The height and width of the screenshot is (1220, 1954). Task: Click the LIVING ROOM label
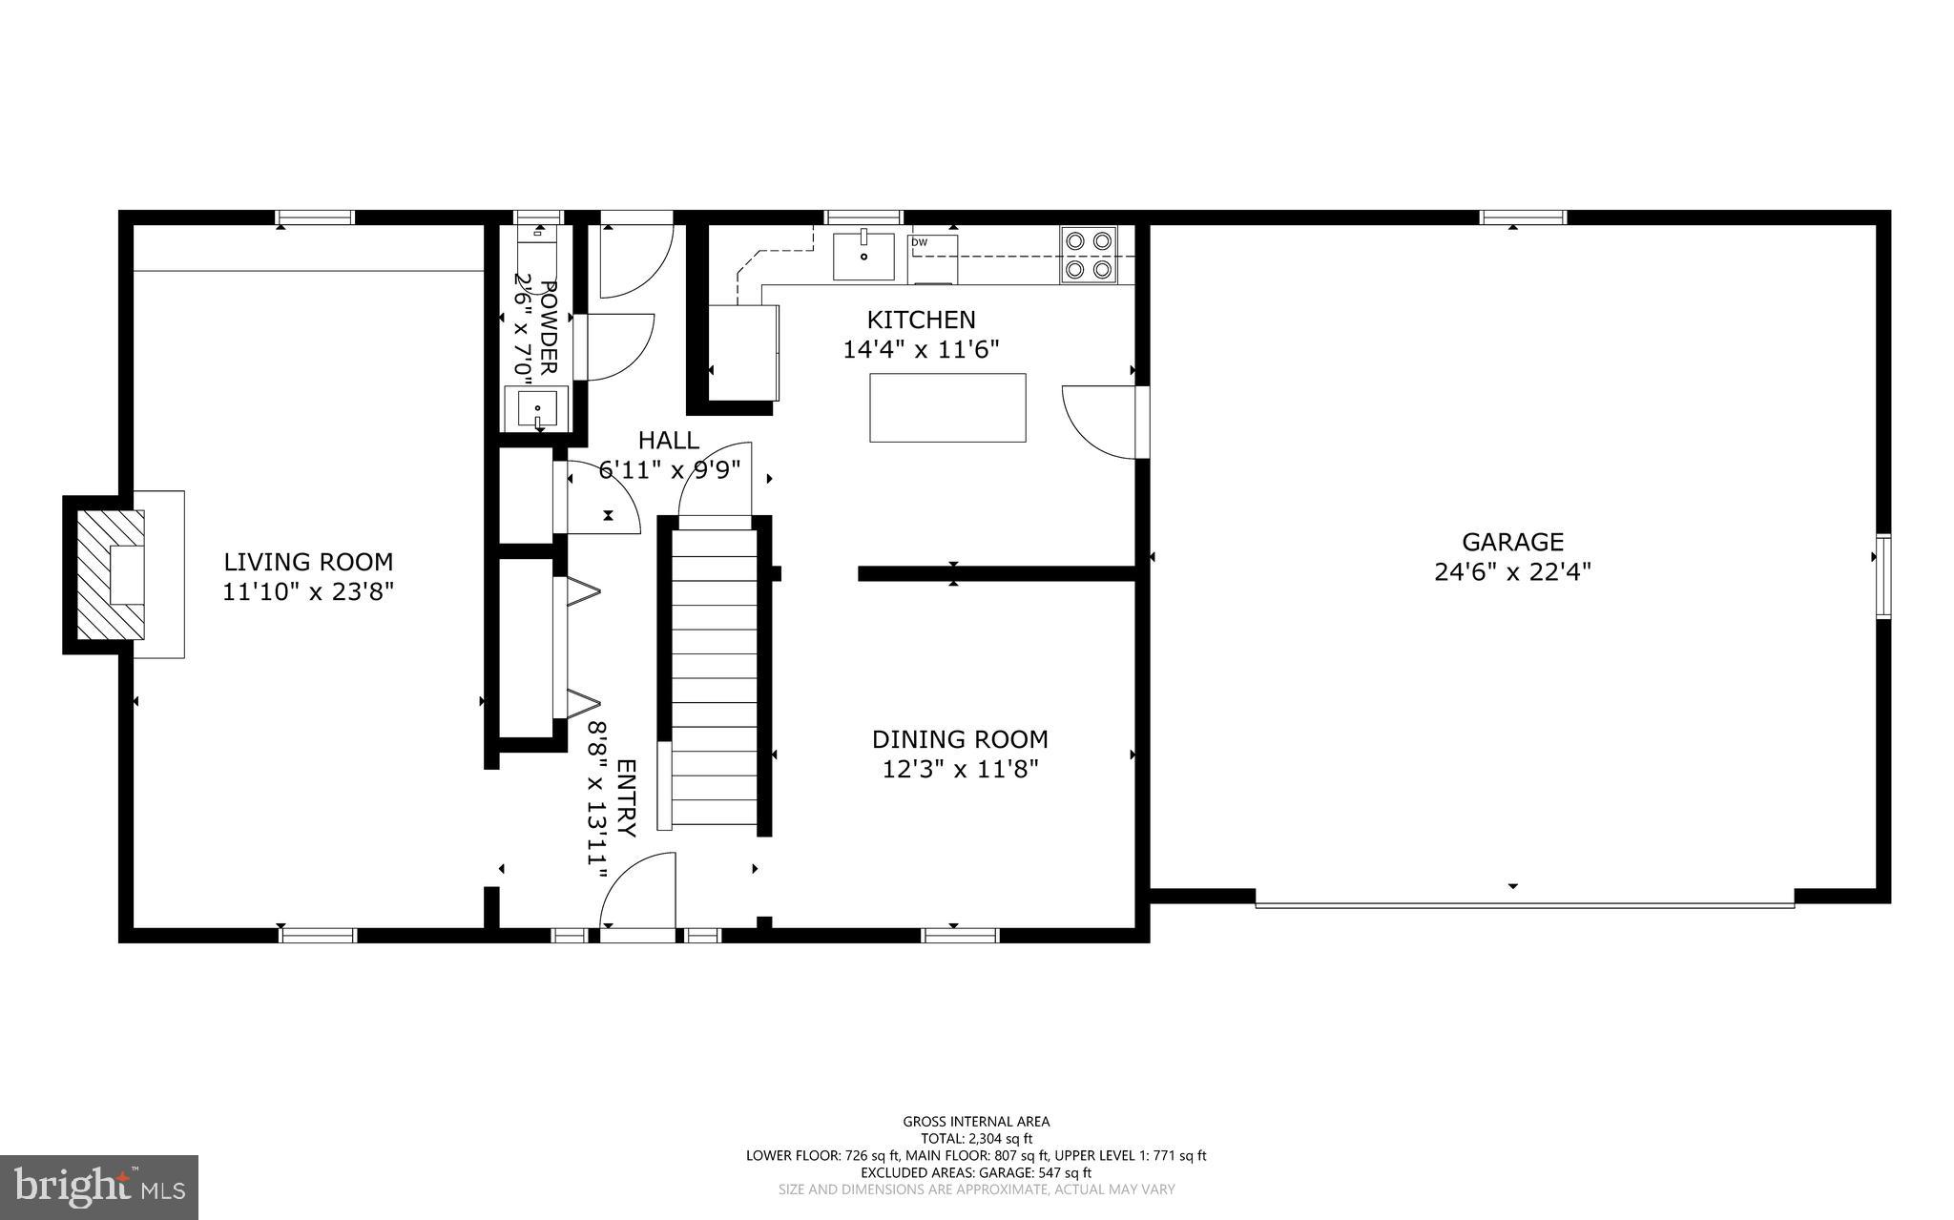point(308,562)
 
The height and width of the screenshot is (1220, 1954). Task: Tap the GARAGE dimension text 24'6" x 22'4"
point(1512,572)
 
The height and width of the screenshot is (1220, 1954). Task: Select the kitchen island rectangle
point(947,407)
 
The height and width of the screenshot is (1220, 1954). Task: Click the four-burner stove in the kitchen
point(1089,256)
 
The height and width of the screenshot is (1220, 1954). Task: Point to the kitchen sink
point(863,256)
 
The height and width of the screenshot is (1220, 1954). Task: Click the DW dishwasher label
point(919,242)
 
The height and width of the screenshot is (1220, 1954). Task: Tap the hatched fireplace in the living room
point(110,575)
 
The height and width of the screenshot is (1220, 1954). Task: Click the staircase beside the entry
point(715,677)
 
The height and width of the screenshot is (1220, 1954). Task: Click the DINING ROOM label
point(960,739)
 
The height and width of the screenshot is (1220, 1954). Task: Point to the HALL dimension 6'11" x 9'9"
point(669,469)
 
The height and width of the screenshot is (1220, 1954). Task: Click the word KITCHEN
point(921,320)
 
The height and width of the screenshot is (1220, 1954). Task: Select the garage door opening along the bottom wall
point(1524,902)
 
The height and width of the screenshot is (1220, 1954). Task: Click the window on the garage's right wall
point(1882,577)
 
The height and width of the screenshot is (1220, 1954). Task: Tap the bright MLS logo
point(99,1187)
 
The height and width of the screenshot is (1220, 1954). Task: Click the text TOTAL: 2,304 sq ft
point(976,1138)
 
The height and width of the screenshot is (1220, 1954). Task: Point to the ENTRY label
point(626,797)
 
